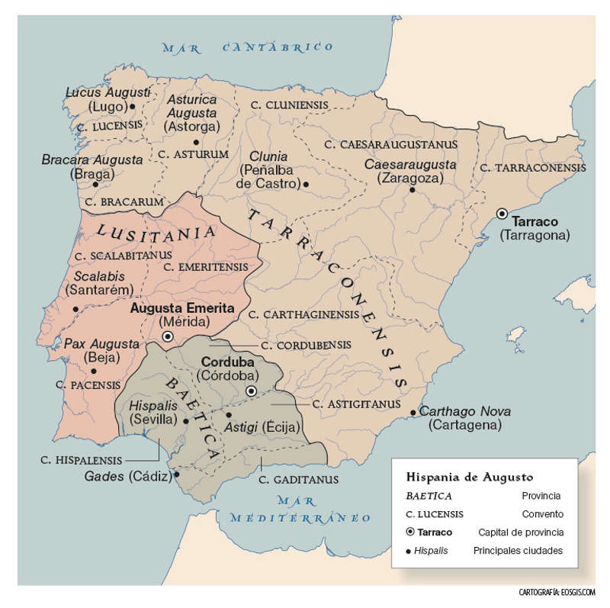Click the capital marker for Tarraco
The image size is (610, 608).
point(502,214)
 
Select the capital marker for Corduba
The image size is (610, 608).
point(251,391)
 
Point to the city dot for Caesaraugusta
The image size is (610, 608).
point(412,189)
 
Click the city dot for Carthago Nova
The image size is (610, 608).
point(413,413)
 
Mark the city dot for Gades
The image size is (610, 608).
point(177,474)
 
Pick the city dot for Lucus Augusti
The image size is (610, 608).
point(132,107)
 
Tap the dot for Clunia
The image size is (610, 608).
point(306,184)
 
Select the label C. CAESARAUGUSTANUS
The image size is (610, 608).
point(390,143)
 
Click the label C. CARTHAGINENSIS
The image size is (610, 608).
point(303,314)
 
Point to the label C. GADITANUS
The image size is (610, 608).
point(298,480)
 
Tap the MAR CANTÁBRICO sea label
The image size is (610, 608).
point(248,48)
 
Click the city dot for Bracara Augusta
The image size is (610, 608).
point(95,184)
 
